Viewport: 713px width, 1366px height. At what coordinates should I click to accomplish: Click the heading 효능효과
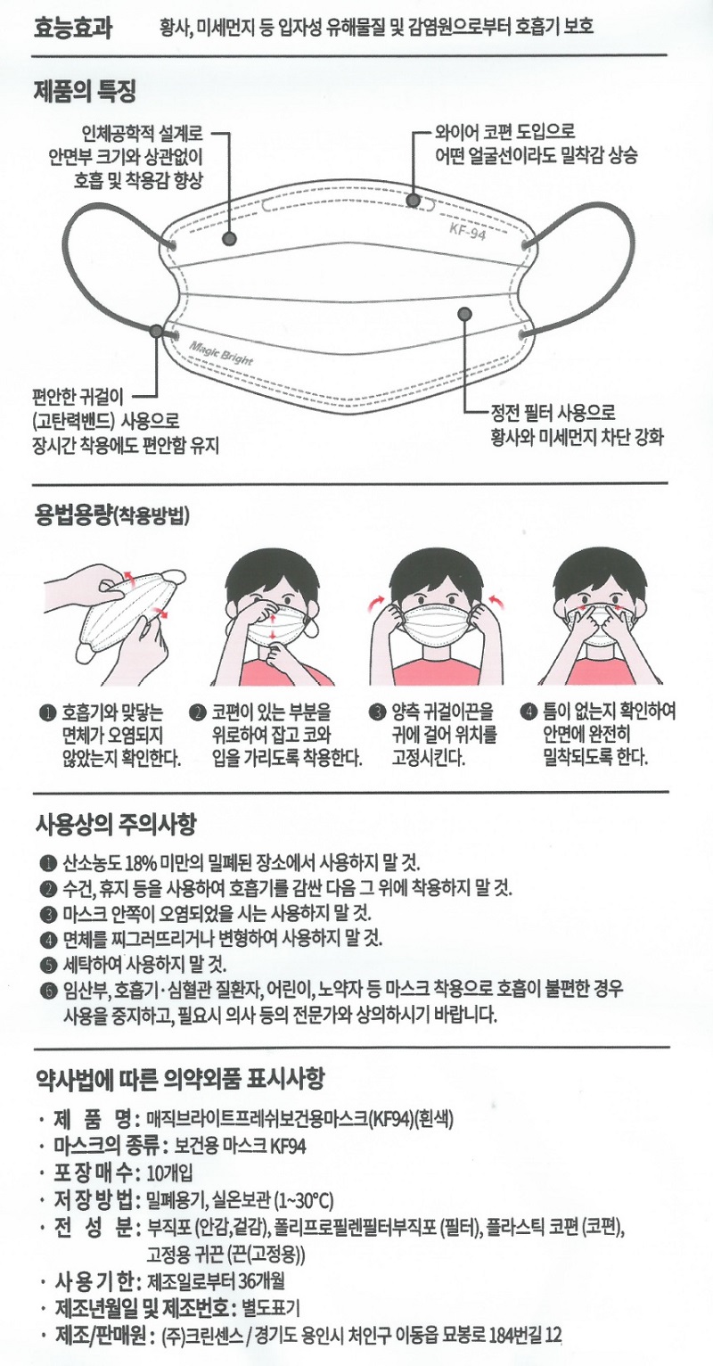pos(72,28)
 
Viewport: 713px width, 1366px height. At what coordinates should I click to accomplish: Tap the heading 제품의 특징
pos(85,92)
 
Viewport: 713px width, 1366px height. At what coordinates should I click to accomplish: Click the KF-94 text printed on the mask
pos(468,231)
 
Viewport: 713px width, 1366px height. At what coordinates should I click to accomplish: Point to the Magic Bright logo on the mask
pos(221,352)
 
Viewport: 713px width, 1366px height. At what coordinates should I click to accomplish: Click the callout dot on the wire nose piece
pos(414,200)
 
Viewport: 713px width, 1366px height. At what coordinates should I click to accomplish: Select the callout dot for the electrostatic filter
pos(464,314)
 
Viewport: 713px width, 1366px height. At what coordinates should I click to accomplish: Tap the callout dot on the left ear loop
pos(156,331)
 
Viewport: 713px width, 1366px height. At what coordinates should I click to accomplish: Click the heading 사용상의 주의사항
pos(116,826)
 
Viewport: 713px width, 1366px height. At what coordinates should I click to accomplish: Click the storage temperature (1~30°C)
pos(304,1201)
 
